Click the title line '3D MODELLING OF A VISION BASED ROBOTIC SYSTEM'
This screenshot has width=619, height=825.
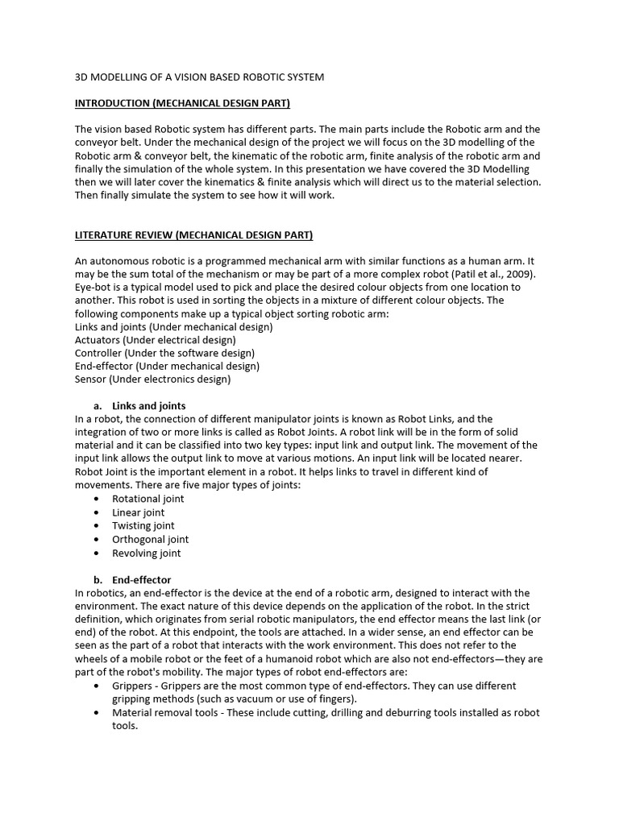[x=199, y=77]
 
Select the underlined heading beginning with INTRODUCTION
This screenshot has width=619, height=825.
[x=182, y=103]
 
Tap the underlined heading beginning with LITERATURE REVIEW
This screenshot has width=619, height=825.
[x=193, y=235]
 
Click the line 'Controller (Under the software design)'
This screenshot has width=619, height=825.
[x=164, y=353]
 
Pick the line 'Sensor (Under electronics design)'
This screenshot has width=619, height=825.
[x=152, y=379]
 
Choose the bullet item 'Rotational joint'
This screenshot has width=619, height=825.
[x=147, y=499]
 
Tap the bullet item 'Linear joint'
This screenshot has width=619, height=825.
[x=138, y=512]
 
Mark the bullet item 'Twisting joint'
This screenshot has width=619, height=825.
[x=143, y=525]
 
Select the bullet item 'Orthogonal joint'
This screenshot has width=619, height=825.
[x=150, y=539]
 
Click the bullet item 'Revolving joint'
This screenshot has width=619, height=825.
[x=146, y=553]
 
